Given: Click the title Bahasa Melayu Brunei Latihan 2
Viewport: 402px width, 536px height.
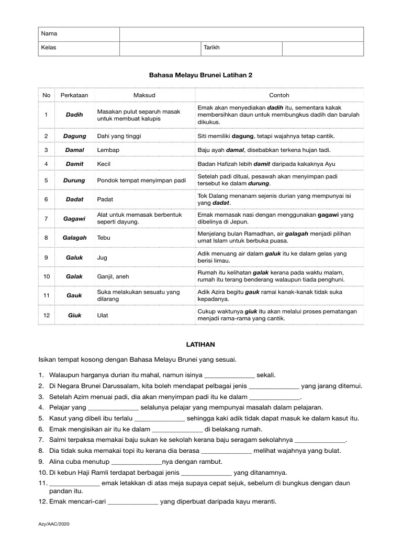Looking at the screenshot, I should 201,75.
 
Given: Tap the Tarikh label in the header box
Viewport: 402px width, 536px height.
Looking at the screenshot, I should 211,48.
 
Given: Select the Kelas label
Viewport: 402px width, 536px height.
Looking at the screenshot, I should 49,48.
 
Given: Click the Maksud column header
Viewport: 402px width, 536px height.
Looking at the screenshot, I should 144,95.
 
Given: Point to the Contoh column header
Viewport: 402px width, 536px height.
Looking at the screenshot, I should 279,95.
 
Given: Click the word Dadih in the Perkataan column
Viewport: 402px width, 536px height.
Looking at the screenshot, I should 74,115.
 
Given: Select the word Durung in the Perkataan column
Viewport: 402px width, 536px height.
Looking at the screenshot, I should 74,181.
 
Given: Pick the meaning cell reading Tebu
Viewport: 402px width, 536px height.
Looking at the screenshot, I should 104,237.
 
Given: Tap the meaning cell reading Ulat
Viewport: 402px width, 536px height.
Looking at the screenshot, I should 103,315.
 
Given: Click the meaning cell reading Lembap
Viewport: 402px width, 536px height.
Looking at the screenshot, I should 108,150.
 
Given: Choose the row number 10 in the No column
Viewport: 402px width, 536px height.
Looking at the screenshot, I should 47,276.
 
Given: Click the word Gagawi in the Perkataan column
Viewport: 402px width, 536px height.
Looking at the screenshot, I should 74,218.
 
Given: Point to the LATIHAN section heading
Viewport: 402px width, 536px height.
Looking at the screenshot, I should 201,344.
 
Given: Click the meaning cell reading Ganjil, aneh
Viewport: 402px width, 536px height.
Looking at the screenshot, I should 113,276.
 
